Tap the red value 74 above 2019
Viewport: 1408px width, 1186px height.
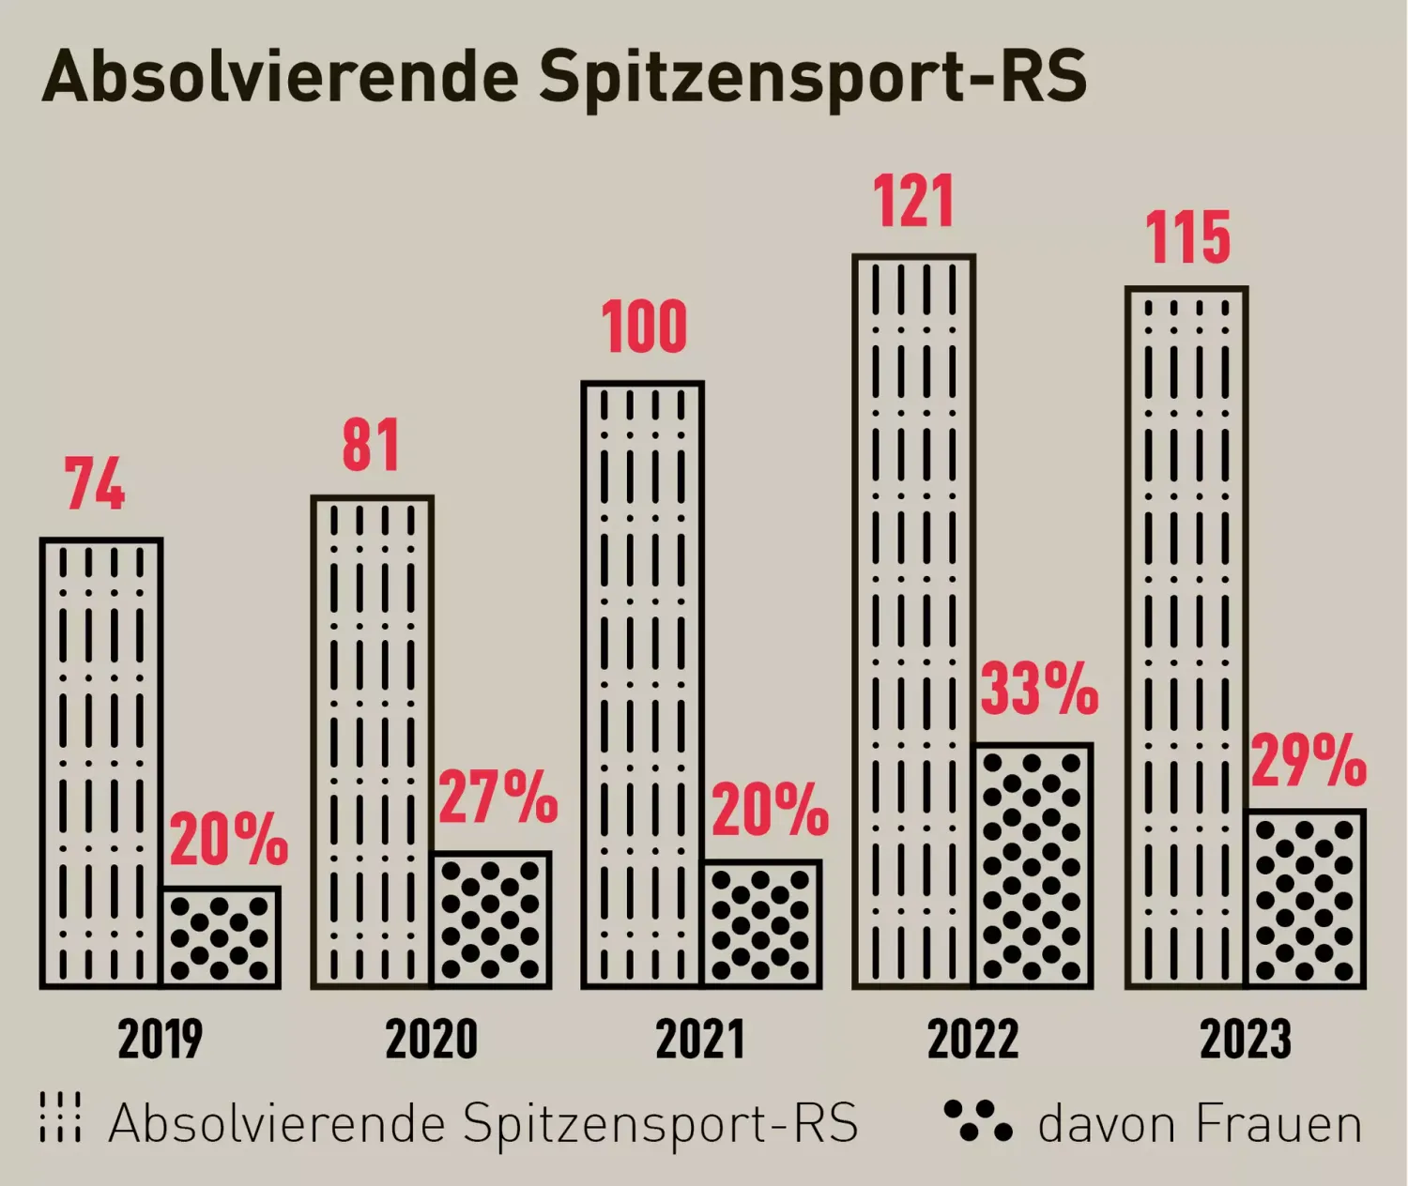point(95,485)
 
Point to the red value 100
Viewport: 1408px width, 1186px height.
point(644,327)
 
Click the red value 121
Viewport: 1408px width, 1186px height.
point(913,202)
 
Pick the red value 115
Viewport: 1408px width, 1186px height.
point(1187,237)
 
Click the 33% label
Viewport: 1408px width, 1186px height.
point(1039,690)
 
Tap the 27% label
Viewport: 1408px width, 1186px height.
point(497,798)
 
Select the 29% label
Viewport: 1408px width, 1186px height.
point(1309,761)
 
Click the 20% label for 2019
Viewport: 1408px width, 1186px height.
point(228,840)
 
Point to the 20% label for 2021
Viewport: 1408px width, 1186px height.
point(770,811)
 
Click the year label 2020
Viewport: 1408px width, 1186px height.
point(432,1040)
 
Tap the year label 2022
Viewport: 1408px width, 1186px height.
point(972,1040)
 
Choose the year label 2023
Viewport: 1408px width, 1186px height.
point(1246,1040)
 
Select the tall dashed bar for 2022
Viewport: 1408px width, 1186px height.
point(913,619)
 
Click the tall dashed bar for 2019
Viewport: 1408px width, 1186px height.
point(100,762)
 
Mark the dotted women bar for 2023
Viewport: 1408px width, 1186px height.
point(1306,898)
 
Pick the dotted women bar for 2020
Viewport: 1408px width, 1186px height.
point(492,920)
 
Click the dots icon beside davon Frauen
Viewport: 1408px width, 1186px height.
point(978,1121)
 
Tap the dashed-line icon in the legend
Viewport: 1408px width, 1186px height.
point(61,1118)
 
